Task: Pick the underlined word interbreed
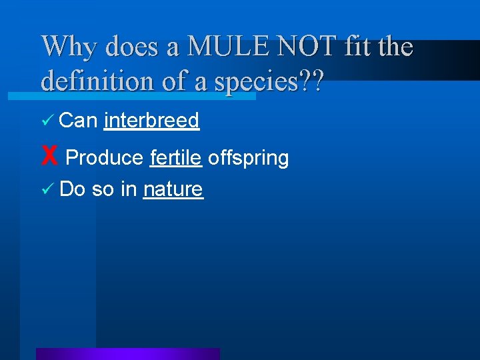tap(152, 120)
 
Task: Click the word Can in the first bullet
tap(79, 120)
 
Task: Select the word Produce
tap(105, 158)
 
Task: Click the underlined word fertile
tap(176, 158)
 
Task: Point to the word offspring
tap(248, 159)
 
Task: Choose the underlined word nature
tap(173, 189)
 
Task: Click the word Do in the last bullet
tap(73, 189)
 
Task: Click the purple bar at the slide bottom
tap(127, 354)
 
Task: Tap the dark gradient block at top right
tap(433, 60)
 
